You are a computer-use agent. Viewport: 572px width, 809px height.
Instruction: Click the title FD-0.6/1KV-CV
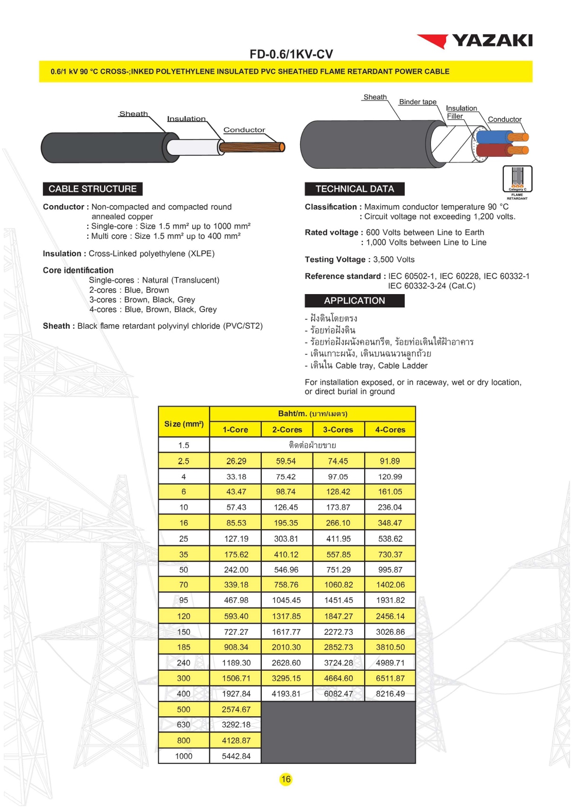[x=291, y=54]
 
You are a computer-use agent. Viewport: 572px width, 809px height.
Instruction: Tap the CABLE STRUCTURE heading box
[x=92, y=189]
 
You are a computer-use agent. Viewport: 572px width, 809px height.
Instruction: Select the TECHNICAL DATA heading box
[x=354, y=189]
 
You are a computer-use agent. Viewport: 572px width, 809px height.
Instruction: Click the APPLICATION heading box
[x=354, y=301]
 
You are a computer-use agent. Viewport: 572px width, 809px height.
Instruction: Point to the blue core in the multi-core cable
[x=492, y=137]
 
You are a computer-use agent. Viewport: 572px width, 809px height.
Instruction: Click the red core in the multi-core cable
[x=492, y=151]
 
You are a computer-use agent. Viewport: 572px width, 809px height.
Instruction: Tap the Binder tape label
[x=418, y=102]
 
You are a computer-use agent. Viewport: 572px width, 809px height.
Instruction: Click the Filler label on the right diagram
[x=455, y=116]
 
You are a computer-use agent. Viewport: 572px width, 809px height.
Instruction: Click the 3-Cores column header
[x=338, y=430]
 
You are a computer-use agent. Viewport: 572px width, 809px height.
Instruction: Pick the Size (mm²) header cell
[x=184, y=424]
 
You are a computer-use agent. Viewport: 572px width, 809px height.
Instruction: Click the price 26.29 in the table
[x=236, y=461]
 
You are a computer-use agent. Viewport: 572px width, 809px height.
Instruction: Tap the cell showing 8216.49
[x=390, y=693]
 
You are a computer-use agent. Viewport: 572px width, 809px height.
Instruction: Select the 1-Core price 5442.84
[x=236, y=756]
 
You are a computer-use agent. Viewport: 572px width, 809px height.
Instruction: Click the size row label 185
[x=184, y=647]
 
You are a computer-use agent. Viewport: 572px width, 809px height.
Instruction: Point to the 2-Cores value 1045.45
[x=286, y=600]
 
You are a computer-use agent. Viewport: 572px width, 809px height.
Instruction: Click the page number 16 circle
[x=286, y=779]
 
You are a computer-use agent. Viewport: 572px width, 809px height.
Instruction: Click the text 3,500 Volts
[x=393, y=260]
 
